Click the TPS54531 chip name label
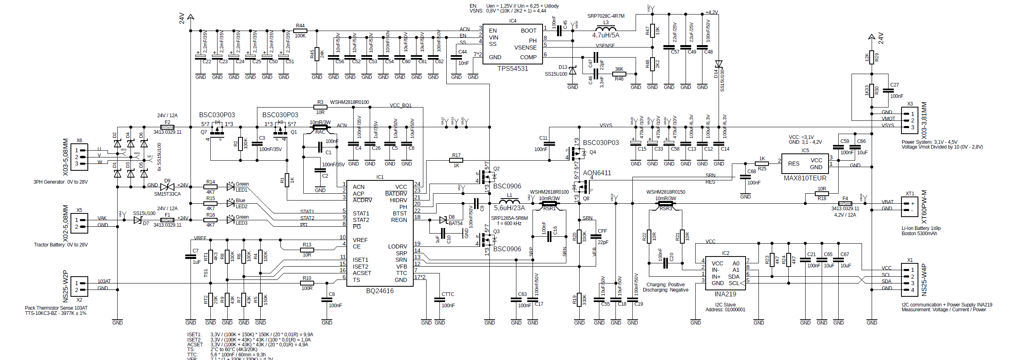512,68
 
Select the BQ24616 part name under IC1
379,291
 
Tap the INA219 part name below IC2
725,294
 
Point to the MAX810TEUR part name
805,178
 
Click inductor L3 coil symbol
605,29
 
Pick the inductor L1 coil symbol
509,201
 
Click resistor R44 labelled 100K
300,31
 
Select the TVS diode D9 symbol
167,187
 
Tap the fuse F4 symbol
845,203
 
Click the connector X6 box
79,157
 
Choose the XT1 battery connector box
910,207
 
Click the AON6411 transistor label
597,173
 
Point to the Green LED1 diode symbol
230,187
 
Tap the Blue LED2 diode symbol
230,203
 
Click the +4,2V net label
711,12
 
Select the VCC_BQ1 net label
400,106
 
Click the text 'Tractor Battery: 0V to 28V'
61,245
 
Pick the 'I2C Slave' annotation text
725,305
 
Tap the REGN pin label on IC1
399,220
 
